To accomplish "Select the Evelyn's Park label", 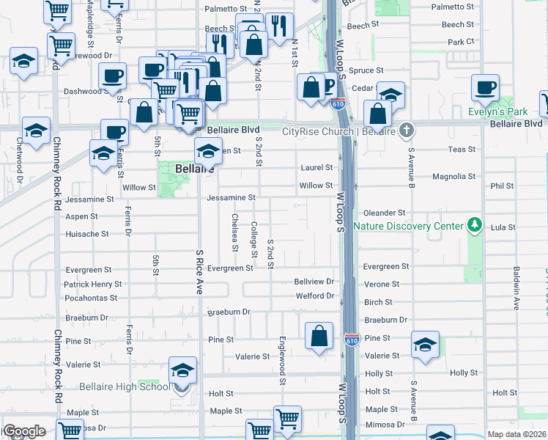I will coord(498,112).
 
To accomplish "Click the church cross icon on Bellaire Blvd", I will coord(407,131).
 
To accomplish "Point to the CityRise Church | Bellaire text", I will coord(338,131).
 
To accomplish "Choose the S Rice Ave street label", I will coord(199,271).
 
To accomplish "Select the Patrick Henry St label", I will coord(92,284).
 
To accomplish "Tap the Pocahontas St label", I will coord(90,298).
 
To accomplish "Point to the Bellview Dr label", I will coord(314,282).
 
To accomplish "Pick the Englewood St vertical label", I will coord(282,360).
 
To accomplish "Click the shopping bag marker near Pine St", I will coord(319,337).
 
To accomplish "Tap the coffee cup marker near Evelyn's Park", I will coord(485,89).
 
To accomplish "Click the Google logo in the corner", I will coord(23,431).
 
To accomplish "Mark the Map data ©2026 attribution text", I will coord(516,434).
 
